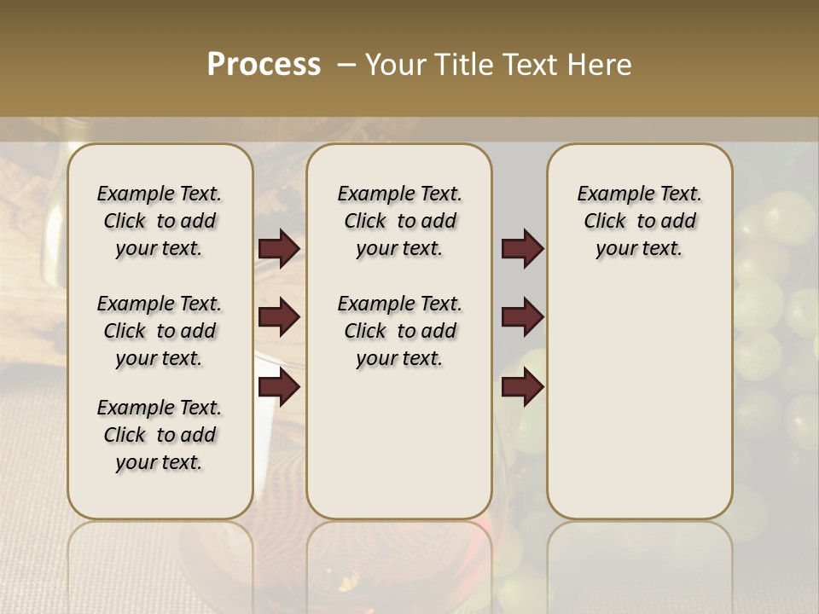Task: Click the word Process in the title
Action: coord(264,64)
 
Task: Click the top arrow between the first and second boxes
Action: coord(279,248)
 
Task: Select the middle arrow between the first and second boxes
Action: coord(279,317)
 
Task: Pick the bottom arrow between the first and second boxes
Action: coord(279,387)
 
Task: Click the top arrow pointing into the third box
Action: coord(522,248)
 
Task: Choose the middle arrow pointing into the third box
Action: coord(522,317)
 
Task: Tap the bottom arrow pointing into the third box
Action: coord(522,387)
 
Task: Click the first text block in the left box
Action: coord(160,221)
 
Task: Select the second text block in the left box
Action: coord(160,331)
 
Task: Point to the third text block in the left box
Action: coord(160,435)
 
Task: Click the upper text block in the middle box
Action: coord(399,221)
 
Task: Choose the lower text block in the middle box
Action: coord(399,331)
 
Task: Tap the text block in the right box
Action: coord(639,221)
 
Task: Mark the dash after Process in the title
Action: coord(346,64)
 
